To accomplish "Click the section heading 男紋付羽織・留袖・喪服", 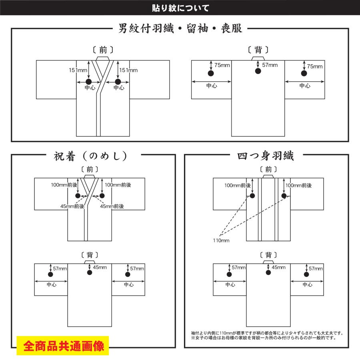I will (x=180, y=29).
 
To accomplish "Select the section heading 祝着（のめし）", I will (x=91, y=156).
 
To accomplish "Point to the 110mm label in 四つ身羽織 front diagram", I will (x=221, y=240).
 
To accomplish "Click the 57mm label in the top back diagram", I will (x=270, y=65).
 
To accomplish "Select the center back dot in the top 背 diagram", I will (x=258, y=71).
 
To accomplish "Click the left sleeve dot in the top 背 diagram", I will (x=211, y=73).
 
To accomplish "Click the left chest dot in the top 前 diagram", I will (x=89, y=82).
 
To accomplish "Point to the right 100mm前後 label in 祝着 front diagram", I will (x=118, y=185).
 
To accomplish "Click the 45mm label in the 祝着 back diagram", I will (x=100, y=268).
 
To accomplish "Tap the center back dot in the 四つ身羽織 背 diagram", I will (x=267, y=272).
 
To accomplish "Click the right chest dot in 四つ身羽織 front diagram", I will (x=284, y=196).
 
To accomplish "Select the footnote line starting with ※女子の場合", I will (x=263, y=338).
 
